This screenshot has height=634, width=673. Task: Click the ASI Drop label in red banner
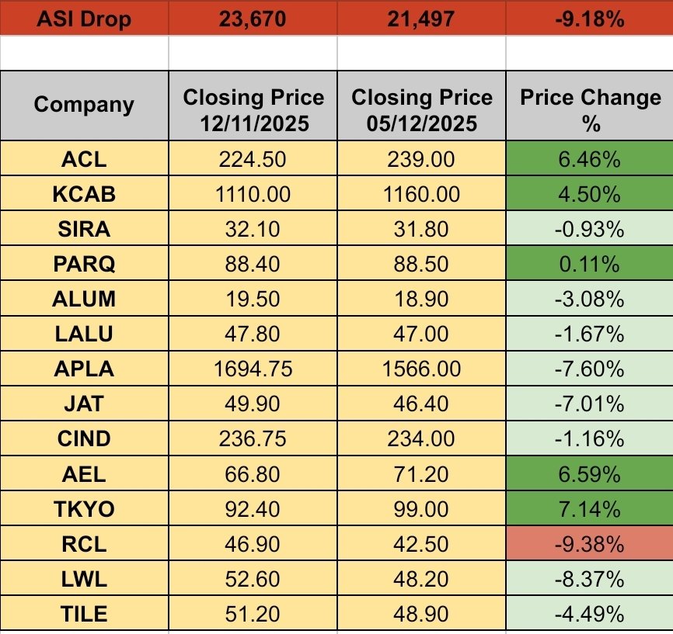tap(84, 18)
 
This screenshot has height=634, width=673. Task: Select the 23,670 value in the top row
tap(253, 18)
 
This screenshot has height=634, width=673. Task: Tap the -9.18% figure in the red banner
tap(589, 18)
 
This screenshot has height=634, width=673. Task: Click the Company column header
tap(84, 105)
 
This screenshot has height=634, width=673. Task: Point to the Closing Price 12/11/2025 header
tap(253, 109)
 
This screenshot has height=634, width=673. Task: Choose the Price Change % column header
tap(589, 109)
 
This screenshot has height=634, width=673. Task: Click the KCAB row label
tap(84, 194)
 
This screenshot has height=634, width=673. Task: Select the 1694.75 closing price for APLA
tap(253, 369)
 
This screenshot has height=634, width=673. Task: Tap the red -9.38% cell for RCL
tap(589, 544)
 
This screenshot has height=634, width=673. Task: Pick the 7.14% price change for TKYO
tap(589, 509)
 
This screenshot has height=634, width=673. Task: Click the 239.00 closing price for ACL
tap(421, 159)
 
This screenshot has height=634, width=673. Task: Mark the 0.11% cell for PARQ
tap(589, 264)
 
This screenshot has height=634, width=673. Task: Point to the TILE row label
tap(84, 614)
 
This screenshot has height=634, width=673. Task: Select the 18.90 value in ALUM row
tap(421, 299)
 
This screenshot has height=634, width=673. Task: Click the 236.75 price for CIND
tap(253, 439)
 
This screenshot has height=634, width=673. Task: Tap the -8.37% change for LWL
tap(589, 579)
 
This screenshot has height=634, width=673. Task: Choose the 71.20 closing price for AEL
tap(421, 474)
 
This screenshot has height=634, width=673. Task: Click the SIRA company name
tap(84, 229)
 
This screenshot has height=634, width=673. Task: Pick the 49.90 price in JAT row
tap(253, 404)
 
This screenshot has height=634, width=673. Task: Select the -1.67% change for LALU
tap(589, 334)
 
